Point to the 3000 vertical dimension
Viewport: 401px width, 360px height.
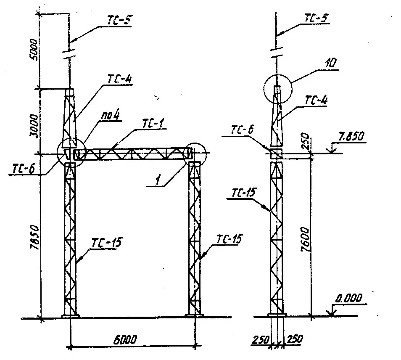[34, 126]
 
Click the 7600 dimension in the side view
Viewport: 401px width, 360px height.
[305, 239]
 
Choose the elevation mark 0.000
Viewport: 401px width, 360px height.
[349, 298]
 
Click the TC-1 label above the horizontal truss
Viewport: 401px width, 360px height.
[153, 124]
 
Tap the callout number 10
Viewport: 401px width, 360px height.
[331, 63]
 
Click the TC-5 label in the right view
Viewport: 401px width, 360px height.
[316, 19]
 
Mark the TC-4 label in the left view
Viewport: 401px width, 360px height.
[120, 79]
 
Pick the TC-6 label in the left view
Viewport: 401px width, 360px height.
[23, 169]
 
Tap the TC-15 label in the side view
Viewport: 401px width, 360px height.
[244, 193]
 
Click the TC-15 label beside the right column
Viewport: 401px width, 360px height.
[229, 239]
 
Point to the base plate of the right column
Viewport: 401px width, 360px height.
[194, 316]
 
